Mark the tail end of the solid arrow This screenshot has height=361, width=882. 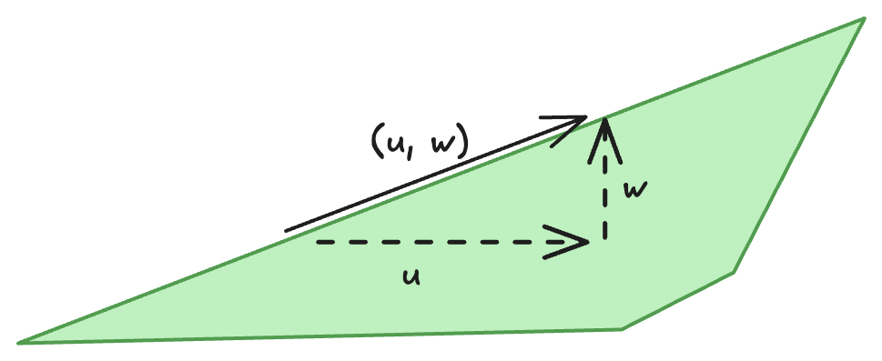(x=287, y=231)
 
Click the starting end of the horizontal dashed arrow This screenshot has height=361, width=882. (x=318, y=243)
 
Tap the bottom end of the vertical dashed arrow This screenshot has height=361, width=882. (x=602, y=238)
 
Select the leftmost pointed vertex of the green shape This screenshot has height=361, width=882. (x=19, y=342)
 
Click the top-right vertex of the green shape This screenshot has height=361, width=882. (x=862, y=18)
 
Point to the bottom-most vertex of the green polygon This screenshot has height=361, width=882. (x=623, y=328)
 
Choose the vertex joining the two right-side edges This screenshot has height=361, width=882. (x=734, y=271)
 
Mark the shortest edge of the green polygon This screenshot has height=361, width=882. (x=678, y=300)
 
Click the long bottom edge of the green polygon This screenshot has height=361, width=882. (x=319, y=336)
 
